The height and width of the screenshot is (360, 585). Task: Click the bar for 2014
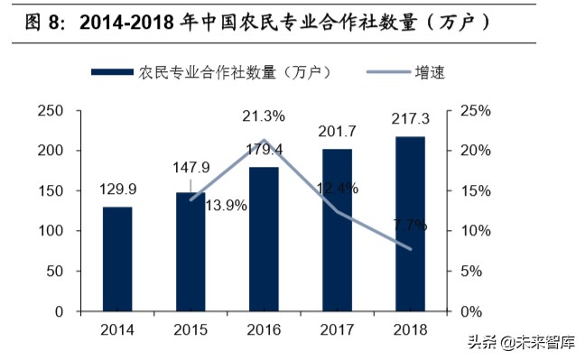coord(116,259)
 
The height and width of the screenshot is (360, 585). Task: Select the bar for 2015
coord(190,252)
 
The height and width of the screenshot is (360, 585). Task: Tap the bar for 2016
coord(264,239)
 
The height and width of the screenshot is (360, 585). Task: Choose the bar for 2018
coord(411,224)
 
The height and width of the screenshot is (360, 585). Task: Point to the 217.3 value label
coord(412,119)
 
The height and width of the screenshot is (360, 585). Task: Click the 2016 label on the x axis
coord(264,329)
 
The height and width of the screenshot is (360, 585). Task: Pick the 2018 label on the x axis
coord(411,329)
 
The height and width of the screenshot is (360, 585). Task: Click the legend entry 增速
coord(430,72)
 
